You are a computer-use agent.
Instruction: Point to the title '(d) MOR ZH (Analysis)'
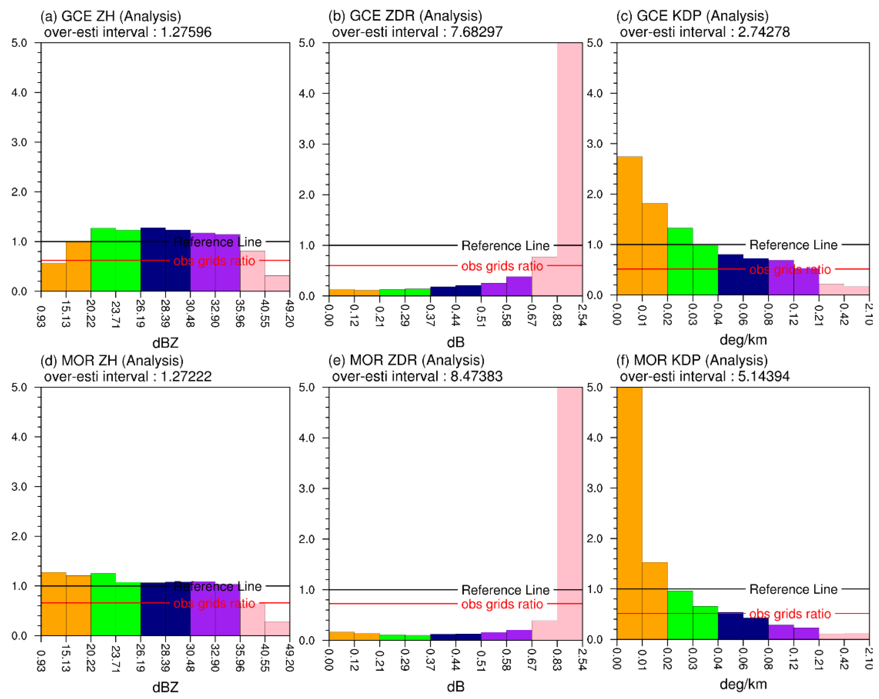point(112,360)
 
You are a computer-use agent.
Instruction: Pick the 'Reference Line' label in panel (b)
point(505,246)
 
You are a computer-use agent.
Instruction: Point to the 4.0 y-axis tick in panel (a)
point(19,92)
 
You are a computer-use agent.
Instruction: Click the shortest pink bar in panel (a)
point(277,283)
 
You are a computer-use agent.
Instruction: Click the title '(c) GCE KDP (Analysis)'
point(692,16)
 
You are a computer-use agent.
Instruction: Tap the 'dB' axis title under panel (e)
point(455,687)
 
